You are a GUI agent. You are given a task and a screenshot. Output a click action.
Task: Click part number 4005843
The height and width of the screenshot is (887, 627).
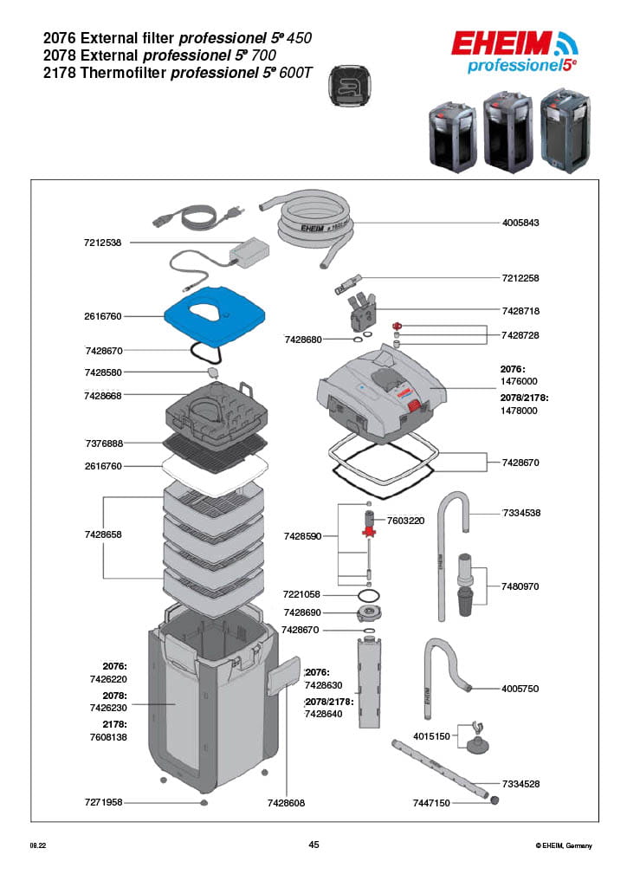pos(520,223)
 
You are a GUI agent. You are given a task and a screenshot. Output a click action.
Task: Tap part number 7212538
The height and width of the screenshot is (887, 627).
pos(103,243)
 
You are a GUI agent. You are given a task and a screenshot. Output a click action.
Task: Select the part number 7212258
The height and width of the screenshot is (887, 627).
pos(520,278)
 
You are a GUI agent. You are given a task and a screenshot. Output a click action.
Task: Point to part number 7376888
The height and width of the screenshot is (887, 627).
pos(103,443)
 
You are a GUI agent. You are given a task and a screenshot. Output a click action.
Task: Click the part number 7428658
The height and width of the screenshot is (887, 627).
pos(103,535)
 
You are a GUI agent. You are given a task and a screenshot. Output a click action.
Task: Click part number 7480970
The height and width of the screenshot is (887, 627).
pos(520,586)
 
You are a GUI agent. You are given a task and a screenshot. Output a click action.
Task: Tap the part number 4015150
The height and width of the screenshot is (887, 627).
pos(431,736)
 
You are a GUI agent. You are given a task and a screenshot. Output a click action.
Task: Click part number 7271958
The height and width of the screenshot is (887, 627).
pos(103,803)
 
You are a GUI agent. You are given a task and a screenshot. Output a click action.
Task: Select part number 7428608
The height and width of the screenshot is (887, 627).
pos(286,804)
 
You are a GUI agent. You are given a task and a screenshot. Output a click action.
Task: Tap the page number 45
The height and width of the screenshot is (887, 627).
pos(313,845)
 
